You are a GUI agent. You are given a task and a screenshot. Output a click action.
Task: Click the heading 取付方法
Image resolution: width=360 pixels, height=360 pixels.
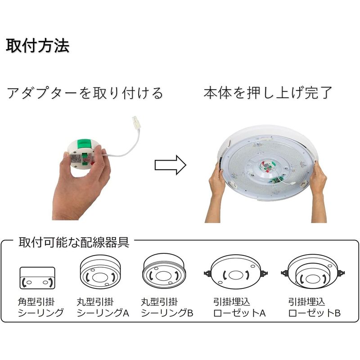pyautogui.click(x=38, y=46)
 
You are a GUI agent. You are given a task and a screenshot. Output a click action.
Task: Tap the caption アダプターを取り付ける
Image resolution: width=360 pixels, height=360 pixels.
pyautogui.click(x=84, y=93)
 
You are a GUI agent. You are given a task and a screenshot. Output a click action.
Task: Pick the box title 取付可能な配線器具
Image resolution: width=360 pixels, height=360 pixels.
pyautogui.click(x=73, y=243)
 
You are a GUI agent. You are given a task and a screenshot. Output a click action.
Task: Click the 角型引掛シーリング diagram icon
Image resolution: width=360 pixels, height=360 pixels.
pyautogui.click(x=37, y=278)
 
